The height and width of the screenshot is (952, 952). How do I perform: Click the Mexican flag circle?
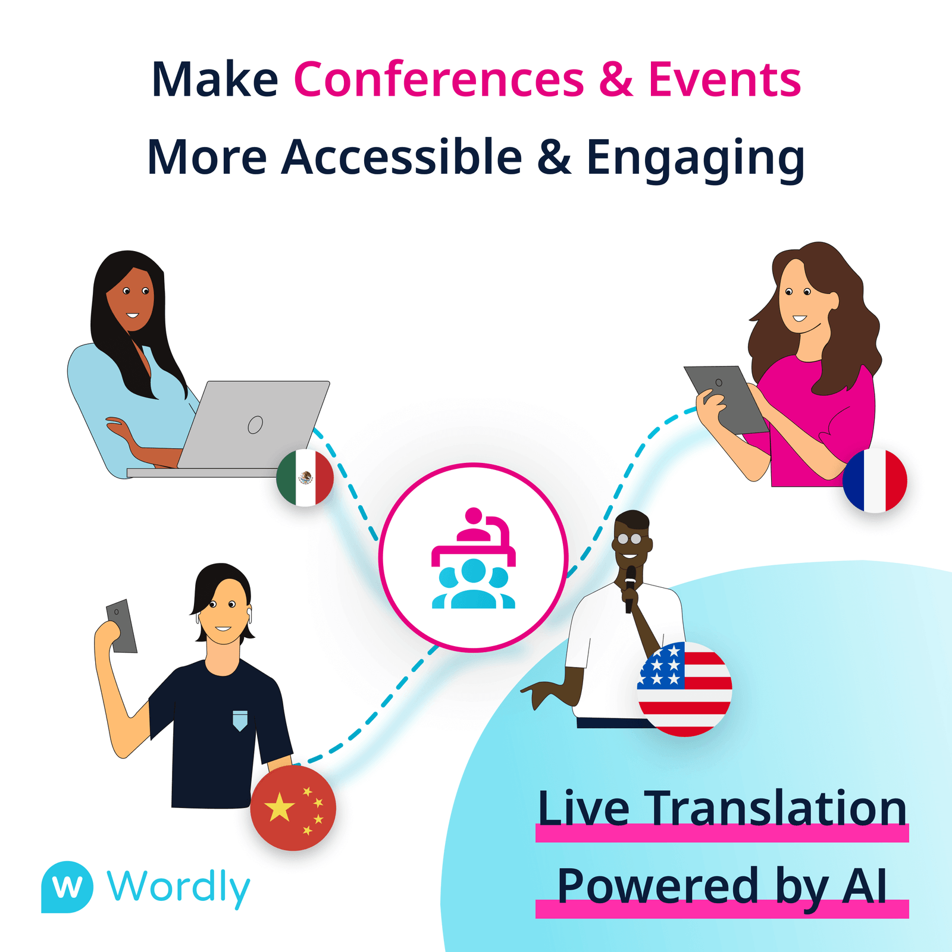(x=305, y=478)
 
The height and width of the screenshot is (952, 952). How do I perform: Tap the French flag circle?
(x=875, y=481)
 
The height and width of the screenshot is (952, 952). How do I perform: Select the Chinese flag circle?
(x=293, y=807)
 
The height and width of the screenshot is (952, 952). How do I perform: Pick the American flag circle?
(x=684, y=689)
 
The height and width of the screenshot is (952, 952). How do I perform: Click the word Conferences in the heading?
(x=439, y=80)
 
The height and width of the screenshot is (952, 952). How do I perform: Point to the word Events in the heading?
(x=724, y=80)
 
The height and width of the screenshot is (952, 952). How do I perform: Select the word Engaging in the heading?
(x=695, y=158)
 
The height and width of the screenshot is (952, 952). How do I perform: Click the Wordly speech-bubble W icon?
(x=67, y=887)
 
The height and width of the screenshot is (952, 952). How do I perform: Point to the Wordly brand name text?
(x=178, y=887)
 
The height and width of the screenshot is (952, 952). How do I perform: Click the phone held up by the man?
(x=122, y=626)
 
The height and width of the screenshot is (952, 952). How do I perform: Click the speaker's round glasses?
(x=630, y=539)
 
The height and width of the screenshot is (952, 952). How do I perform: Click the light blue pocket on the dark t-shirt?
(x=240, y=720)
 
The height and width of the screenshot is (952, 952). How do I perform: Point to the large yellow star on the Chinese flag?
(x=279, y=807)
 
